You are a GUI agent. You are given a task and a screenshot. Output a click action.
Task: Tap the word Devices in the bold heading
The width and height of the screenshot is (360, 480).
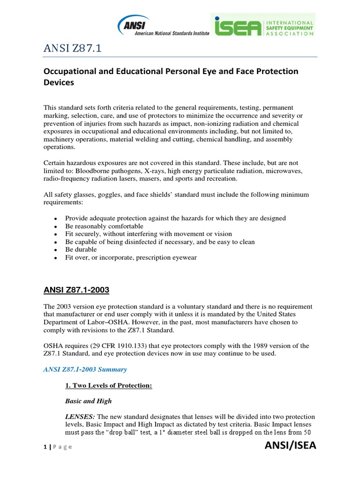[59, 82]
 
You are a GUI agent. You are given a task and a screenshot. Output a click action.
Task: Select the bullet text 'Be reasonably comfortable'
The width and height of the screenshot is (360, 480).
[104, 226]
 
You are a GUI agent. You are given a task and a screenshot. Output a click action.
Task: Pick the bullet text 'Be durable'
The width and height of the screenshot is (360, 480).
[81, 249]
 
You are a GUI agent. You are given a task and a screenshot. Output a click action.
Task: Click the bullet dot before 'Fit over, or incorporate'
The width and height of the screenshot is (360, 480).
[55, 258]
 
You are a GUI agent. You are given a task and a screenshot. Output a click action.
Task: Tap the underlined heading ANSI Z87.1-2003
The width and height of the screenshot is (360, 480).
[76, 291]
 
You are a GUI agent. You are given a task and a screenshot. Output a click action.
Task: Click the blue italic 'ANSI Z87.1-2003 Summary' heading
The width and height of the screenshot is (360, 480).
[85, 369]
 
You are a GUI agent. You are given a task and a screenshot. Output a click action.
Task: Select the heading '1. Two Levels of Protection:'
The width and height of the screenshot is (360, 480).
[108, 385]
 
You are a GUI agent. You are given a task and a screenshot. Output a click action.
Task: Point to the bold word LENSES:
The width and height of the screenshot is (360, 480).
[77, 417]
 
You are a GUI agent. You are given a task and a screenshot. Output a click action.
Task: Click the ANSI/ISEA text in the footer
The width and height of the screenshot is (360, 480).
[291, 446]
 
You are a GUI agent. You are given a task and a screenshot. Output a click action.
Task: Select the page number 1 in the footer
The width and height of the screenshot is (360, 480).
[45, 447]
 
